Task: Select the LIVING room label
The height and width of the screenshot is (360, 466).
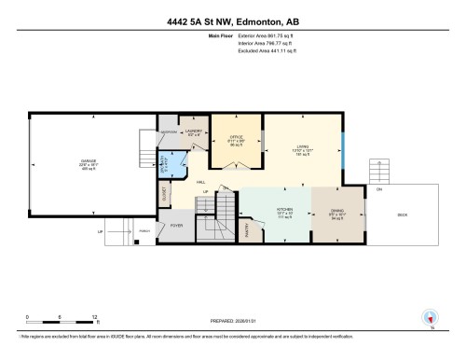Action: pyautogui.click(x=303, y=145)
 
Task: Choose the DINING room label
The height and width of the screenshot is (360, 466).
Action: pyautogui.click(x=335, y=212)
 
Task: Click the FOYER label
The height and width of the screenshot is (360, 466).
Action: pyautogui.click(x=177, y=226)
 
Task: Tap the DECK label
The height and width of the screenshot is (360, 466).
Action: pyautogui.click(x=402, y=215)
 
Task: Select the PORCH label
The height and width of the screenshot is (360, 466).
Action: pyautogui.click(x=144, y=231)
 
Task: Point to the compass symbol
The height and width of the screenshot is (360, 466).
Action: pyautogui.click(x=430, y=318)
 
